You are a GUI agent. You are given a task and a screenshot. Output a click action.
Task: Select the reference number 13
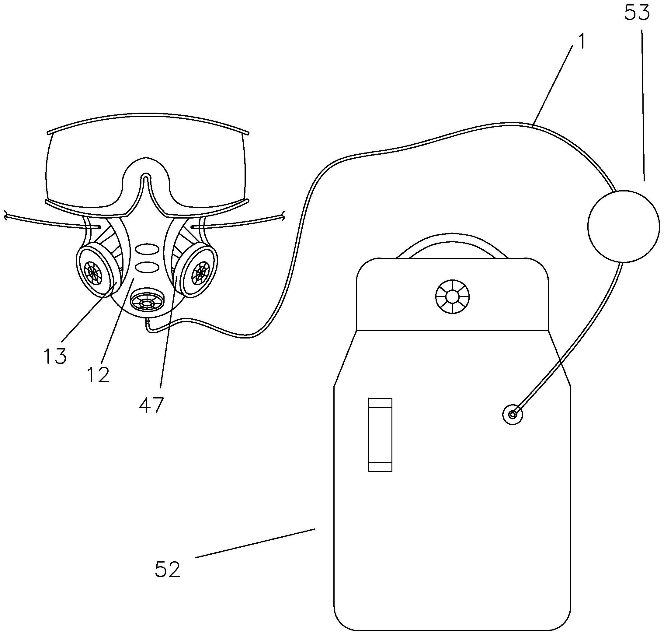(55, 356)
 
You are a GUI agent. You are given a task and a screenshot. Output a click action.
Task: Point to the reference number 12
(99, 375)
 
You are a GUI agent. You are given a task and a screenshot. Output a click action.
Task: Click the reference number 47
(151, 405)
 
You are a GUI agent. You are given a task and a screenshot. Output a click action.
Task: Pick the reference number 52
(167, 569)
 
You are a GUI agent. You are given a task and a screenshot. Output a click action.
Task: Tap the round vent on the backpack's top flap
(453, 297)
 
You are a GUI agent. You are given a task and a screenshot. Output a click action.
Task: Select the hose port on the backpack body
(513, 414)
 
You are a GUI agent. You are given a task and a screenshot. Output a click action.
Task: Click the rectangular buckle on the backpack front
(380, 435)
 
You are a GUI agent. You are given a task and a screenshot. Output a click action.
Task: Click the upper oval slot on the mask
(147, 250)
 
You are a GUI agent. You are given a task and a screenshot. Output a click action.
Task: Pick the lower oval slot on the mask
(147, 267)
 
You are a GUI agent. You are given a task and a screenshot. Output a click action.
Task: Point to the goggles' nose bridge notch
(145, 177)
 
